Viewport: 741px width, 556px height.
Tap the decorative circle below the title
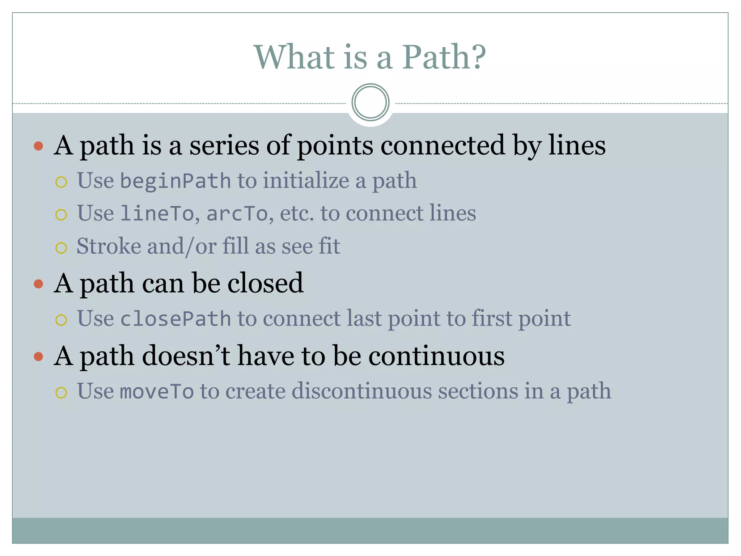370,102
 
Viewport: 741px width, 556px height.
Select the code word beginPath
175,181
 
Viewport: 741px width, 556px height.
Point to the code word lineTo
157,213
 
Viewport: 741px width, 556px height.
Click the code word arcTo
237,213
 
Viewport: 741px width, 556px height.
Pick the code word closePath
175,319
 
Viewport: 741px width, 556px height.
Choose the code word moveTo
157,392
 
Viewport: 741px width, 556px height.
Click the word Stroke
109,246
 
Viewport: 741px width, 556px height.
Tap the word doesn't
186,356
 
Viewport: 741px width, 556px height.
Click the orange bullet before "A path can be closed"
38,284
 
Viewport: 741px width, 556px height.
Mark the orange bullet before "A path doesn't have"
38,357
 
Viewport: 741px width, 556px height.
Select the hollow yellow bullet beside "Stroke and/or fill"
61,248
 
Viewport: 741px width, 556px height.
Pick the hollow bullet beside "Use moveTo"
61,393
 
